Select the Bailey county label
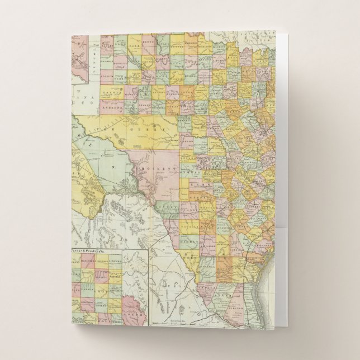tap(105, 45)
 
